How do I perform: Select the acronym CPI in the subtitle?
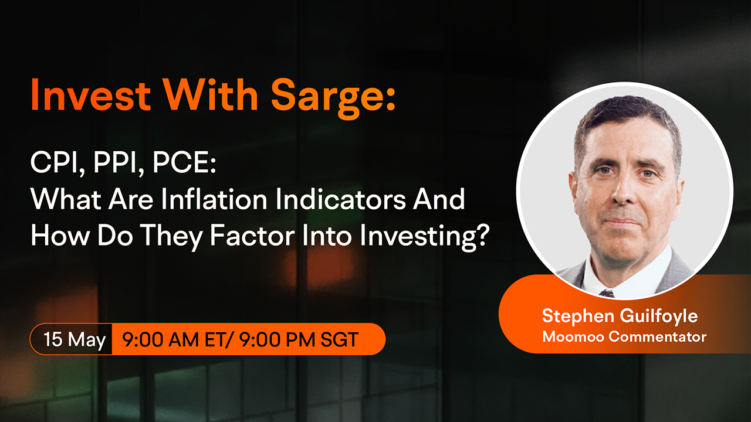[53, 162]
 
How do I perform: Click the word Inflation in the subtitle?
[214, 199]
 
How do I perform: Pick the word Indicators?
[341, 199]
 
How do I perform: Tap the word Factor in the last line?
[252, 236]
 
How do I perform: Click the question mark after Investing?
[482, 236]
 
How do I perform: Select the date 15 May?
[75, 339]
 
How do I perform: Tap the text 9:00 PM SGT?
[299, 339]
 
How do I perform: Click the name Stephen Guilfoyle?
[620, 316]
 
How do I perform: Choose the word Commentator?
[658, 337]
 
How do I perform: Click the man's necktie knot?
[607, 294]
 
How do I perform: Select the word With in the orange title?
[211, 95]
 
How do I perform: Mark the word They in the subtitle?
[171, 236]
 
